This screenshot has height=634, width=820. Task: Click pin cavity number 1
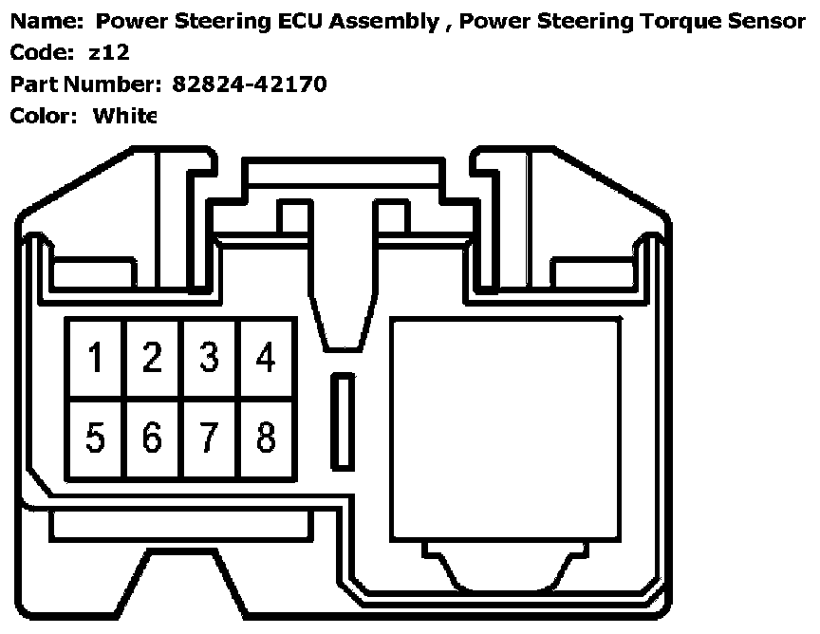[x=95, y=359]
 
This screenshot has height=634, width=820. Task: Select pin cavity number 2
[x=152, y=359]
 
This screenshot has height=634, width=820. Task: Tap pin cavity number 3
[x=209, y=359]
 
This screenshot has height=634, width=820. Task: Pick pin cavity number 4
[x=266, y=359]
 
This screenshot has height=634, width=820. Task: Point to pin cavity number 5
[x=95, y=438]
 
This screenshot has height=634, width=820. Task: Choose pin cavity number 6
[x=152, y=438]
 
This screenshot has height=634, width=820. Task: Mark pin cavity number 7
[x=209, y=438]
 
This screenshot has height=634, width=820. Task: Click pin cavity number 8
[x=266, y=438]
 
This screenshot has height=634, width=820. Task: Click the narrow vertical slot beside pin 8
[x=342, y=420]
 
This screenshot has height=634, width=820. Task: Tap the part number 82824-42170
[x=250, y=84]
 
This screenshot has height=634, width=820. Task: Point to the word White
[x=123, y=116]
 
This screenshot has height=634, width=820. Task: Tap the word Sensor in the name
[x=762, y=21]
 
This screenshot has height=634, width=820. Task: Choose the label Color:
[x=44, y=116]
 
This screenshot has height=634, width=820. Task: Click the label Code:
[x=43, y=53]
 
